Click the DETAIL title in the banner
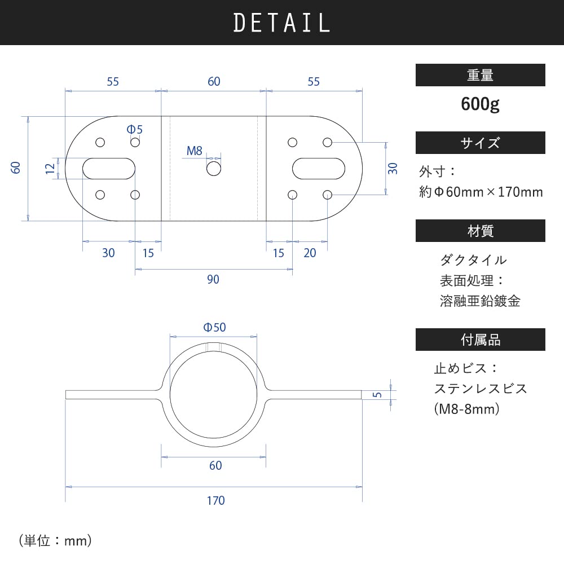[281, 23]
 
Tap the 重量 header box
[480, 75]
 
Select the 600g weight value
[480, 104]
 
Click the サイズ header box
[480, 143]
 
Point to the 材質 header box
[480, 231]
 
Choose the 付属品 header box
[480, 340]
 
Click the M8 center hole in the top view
[214, 169]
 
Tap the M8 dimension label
[195, 151]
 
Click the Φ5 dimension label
[135, 129]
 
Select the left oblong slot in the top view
[109, 169]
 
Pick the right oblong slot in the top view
[319, 169]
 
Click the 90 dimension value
[213, 280]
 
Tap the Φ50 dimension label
[214, 327]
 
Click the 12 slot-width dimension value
[50, 168]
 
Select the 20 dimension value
[310, 253]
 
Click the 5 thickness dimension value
[378, 394]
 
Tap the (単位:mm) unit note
[55, 541]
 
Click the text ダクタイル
[473, 260]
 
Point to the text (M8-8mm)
[468, 409]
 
